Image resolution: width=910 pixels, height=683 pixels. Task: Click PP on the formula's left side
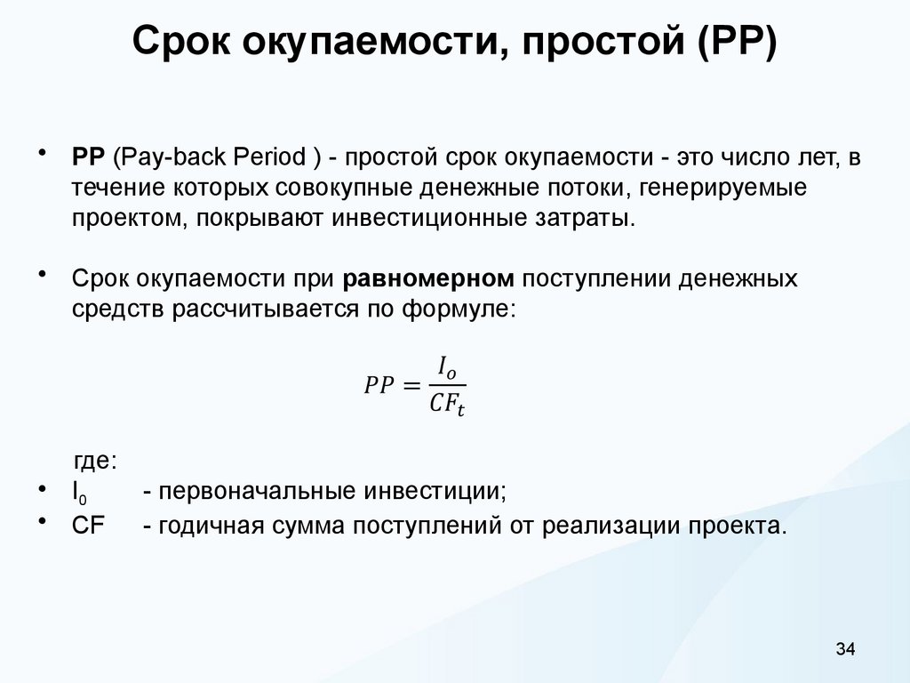pyautogui.click(x=379, y=385)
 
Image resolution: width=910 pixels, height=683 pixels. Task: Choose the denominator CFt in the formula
pyautogui.click(x=447, y=405)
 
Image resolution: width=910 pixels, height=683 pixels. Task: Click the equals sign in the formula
pyautogui.click(x=411, y=385)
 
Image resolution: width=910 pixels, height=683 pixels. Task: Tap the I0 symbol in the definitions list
pyautogui.click(x=78, y=493)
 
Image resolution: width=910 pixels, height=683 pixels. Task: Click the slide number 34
pyautogui.click(x=844, y=649)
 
